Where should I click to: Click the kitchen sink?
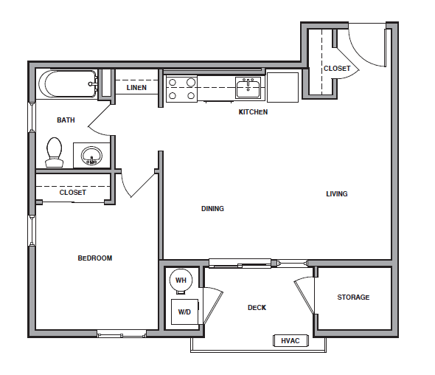248,89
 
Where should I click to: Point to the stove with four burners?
181,89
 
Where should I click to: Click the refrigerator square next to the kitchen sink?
282,86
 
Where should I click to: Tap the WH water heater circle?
181,281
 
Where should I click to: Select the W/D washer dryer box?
183,312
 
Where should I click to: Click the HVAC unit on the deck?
288,340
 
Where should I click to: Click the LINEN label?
136,88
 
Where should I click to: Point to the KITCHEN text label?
253,112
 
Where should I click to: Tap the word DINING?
212,209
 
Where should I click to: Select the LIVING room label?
337,194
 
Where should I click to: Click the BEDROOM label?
94,258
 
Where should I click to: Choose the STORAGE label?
353,297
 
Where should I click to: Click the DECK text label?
257,308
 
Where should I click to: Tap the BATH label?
66,120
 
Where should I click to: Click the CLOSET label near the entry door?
337,69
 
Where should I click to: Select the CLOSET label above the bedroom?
72,193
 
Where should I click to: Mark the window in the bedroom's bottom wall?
122,334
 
